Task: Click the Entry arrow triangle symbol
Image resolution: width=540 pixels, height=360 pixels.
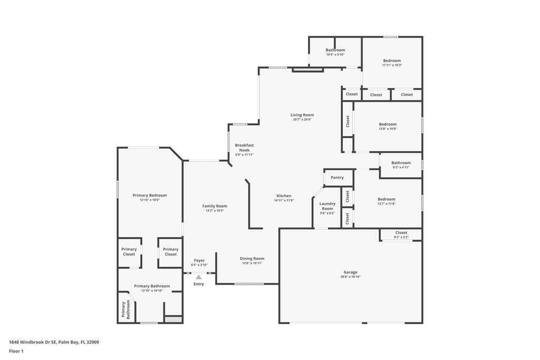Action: (199, 277)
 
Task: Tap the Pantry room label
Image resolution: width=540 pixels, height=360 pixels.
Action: (337, 178)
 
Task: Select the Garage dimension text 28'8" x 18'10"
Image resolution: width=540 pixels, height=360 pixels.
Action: (351, 277)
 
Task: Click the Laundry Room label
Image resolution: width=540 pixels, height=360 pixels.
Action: (327, 206)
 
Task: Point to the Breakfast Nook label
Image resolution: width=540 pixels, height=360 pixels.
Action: (245, 148)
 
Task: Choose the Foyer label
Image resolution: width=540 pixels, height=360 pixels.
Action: (199, 260)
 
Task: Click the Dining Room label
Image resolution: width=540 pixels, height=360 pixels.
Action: (252, 258)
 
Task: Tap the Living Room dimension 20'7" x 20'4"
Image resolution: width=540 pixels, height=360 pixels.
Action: (302, 120)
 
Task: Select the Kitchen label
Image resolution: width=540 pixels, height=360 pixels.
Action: (284, 196)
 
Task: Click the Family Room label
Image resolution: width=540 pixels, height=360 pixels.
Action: (215, 206)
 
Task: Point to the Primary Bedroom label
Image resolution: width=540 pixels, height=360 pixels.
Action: (150, 195)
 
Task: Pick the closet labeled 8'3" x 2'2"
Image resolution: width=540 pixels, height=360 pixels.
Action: (401, 235)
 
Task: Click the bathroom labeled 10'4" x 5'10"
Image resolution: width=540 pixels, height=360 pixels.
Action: (335, 52)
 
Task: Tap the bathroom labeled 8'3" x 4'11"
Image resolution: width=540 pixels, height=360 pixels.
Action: (401, 165)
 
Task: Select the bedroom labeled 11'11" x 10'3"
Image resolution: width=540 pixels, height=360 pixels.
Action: (392, 63)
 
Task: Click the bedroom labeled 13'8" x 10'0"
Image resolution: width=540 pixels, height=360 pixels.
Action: (388, 127)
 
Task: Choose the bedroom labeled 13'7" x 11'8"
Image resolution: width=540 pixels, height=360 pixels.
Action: (387, 201)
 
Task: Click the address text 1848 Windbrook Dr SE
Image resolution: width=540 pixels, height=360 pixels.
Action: (33, 342)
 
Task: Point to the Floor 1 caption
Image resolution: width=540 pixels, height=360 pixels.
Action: (16, 351)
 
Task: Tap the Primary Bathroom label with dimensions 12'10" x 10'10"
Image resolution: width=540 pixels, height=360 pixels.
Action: (152, 288)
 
